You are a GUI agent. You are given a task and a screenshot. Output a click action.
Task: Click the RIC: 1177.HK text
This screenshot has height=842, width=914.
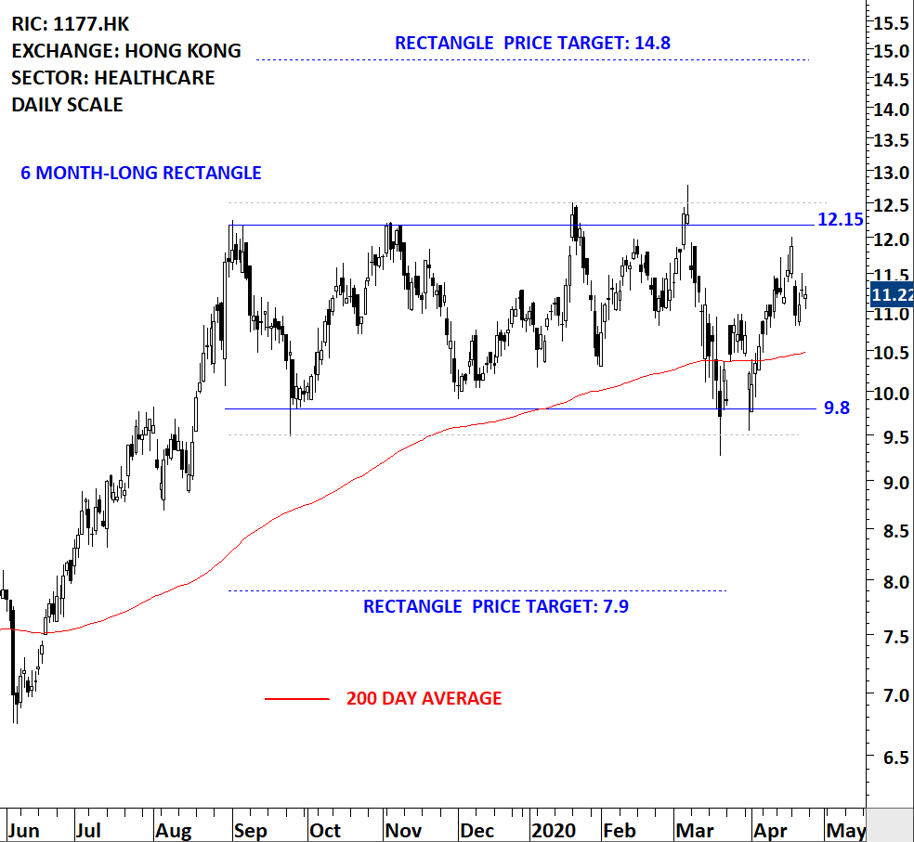tap(71, 24)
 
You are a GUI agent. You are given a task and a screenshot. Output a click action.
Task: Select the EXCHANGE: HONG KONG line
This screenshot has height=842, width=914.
tap(126, 51)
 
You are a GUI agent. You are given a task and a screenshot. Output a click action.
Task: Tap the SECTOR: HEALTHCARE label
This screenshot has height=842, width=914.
tap(113, 78)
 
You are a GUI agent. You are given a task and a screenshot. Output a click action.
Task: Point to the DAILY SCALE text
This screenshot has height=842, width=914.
tap(67, 105)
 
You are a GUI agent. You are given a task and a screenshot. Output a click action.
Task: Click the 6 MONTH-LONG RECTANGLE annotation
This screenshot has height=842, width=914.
tap(141, 173)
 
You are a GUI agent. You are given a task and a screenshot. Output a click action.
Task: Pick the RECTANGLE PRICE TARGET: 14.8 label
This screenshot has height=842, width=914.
tap(532, 43)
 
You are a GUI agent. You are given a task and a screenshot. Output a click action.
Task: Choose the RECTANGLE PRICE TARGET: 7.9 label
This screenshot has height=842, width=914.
tap(502, 607)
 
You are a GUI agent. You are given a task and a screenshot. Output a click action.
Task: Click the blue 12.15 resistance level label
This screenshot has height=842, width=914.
tap(840, 220)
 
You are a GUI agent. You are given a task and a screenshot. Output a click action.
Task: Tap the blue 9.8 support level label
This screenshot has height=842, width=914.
tap(836, 408)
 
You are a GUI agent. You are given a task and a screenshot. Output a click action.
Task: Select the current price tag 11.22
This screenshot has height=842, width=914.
tap(892, 295)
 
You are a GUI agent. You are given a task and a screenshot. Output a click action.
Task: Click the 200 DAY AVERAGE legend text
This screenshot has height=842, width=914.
tap(424, 698)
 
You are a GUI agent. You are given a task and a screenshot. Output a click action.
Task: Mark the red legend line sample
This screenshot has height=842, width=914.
tap(296, 699)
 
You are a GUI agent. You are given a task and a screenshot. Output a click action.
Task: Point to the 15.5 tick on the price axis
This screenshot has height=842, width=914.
tap(890, 20)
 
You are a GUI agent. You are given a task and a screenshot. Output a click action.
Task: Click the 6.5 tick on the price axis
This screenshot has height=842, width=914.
tap(890, 757)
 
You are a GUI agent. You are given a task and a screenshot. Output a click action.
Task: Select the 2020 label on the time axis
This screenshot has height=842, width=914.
tap(554, 830)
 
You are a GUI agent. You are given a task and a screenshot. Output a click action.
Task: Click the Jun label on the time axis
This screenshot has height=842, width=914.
tap(24, 830)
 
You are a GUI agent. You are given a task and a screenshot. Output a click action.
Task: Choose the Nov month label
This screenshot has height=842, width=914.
tap(404, 830)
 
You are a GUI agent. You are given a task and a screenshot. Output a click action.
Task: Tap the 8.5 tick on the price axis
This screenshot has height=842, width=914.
tap(890, 532)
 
